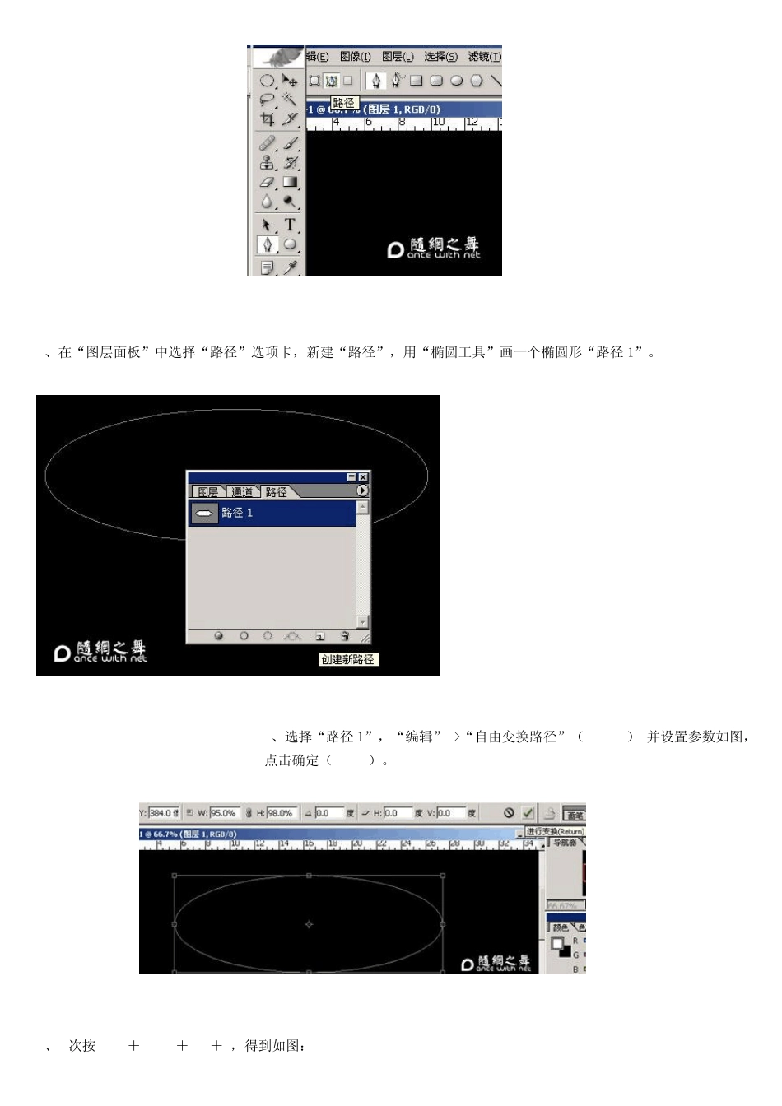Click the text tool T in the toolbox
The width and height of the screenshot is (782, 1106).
click(x=290, y=224)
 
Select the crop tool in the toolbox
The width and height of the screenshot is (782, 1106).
click(x=268, y=119)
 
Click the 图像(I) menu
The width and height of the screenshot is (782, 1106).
click(x=355, y=57)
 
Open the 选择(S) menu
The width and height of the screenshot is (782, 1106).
click(x=440, y=57)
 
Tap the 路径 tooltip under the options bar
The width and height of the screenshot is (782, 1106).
click(x=344, y=104)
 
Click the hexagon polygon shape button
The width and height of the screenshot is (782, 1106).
click(x=476, y=81)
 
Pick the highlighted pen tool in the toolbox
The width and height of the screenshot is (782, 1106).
click(x=267, y=244)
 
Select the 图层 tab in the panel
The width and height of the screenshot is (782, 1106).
click(x=207, y=492)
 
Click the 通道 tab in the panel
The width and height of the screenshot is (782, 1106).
click(x=242, y=492)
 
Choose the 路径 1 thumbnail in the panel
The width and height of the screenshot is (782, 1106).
click(x=204, y=513)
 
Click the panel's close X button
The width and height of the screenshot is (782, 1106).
click(x=363, y=477)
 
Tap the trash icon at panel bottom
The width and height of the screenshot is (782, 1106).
click(x=345, y=636)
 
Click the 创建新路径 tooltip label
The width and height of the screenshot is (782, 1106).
click(x=347, y=659)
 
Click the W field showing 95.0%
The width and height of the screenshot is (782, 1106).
click(x=223, y=813)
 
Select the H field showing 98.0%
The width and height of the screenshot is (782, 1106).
click(x=281, y=813)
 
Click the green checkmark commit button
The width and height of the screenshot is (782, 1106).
click(x=528, y=813)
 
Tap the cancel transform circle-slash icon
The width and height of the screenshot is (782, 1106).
click(x=509, y=813)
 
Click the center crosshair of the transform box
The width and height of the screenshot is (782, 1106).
click(x=309, y=924)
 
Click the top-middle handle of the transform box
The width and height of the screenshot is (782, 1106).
click(x=309, y=876)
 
